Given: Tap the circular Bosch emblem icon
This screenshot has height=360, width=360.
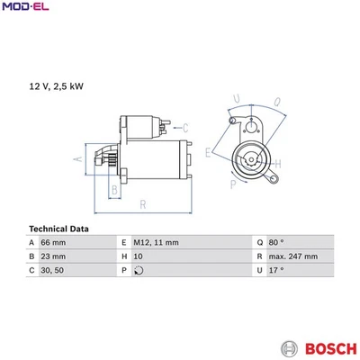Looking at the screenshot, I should pyautogui.click(x=289, y=347).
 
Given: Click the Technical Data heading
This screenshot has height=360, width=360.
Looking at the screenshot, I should pyautogui.click(x=58, y=229).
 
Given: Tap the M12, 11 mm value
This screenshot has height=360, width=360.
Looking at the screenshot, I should pyautogui.click(x=155, y=243).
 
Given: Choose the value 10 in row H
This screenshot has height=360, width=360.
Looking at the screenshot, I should pyautogui.click(x=139, y=256).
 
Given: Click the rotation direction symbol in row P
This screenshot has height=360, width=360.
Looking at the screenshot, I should pyautogui.click(x=137, y=270).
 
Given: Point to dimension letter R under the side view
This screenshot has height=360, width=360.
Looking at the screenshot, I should pyautogui.click(x=142, y=206).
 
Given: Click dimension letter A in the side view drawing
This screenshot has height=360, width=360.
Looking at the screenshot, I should pyautogui.click(x=78, y=159).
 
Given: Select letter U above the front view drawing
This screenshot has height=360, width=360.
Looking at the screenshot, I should pyautogui.click(x=237, y=99).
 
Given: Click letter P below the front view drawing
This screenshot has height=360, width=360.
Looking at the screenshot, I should pyautogui.click(x=234, y=184).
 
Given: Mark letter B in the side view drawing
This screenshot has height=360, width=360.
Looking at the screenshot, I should pyautogui.click(x=113, y=189).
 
